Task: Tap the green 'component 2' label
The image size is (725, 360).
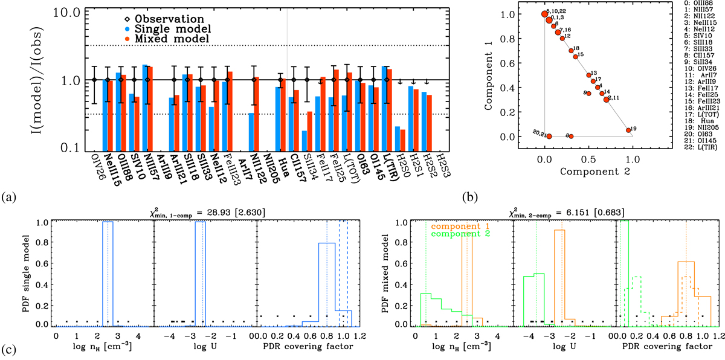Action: (459, 234)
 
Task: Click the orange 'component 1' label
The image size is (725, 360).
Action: (459, 226)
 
